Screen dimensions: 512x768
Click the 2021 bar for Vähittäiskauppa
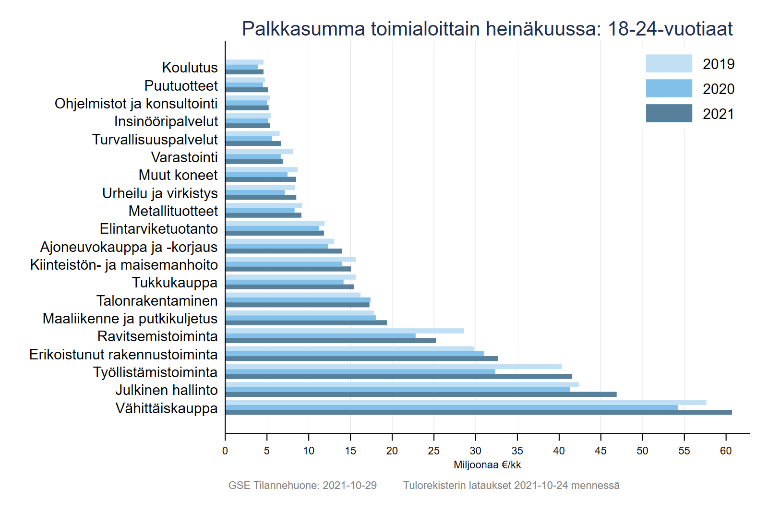pyautogui.click(x=478, y=412)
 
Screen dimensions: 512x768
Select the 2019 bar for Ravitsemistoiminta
pyautogui.click(x=344, y=331)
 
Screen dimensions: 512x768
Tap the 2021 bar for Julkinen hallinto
pyautogui.click(x=420, y=394)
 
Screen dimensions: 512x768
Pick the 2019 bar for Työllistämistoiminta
pyautogui.click(x=393, y=367)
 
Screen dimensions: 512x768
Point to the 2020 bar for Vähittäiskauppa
pyautogui.click(x=451, y=407)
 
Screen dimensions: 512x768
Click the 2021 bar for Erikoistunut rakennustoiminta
pyautogui.click(x=361, y=358)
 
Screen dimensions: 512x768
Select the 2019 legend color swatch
pyautogui.click(x=669, y=63)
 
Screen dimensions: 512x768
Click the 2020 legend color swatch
pyautogui.click(x=669, y=88)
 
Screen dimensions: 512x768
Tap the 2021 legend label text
pyautogui.click(x=719, y=114)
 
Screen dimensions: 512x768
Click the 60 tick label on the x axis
pyautogui.click(x=726, y=451)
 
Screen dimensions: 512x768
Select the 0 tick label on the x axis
pyautogui.click(x=225, y=451)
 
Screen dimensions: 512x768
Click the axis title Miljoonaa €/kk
pyautogui.click(x=487, y=465)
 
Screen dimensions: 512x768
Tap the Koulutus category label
pyautogui.click(x=190, y=68)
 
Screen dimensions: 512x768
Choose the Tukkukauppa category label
pyautogui.click(x=175, y=283)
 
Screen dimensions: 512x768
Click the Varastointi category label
pyautogui.click(x=184, y=157)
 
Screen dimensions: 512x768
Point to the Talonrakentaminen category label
pyautogui.click(x=157, y=301)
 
